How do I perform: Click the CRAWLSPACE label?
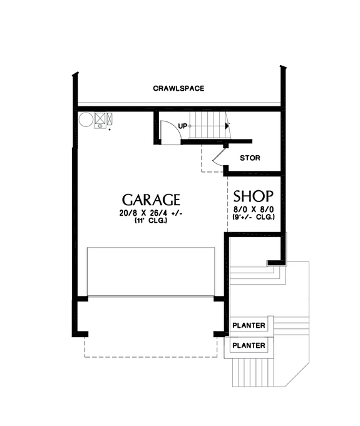pos(178,88)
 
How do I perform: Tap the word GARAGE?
pos(151,200)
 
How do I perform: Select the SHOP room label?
pos(252,195)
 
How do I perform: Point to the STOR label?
pos(250,158)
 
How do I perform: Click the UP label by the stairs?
pos(183,126)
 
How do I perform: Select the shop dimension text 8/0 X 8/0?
pos(252,208)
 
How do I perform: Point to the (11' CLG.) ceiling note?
pos(151,221)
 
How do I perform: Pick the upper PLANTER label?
pos(249,326)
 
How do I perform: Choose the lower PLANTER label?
pos(249,345)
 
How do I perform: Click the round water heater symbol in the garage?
pos(85,118)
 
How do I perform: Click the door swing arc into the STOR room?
pos(219,157)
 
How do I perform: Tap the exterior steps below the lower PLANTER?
pos(253,372)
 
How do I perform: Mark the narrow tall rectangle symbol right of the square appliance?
pos(110,118)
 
